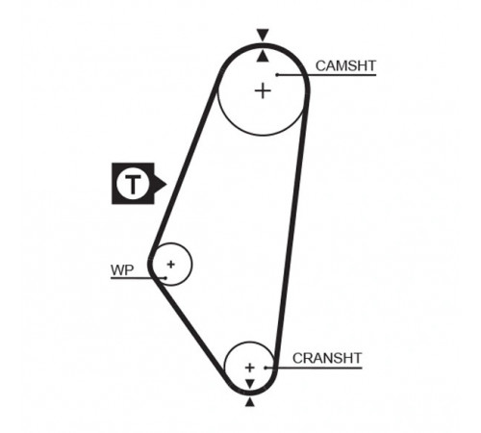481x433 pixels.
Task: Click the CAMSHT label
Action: (x=345, y=65)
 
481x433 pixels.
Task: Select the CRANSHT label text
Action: (x=327, y=358)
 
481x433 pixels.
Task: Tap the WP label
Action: (x=122, y=270)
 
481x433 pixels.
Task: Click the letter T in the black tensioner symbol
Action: (x=133, y=185)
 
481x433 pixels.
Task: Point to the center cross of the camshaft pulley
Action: (x=263, y=90)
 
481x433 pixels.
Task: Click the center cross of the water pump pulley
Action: (x=171, y=265)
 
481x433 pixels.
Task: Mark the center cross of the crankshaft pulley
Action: (x=249, y=368)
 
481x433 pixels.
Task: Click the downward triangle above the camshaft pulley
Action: (x=263, y=35)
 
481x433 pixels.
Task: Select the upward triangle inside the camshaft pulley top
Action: (x=263, y=56)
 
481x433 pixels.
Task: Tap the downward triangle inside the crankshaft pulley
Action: (x=250, y=384)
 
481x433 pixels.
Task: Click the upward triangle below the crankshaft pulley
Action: (x=250, y=402)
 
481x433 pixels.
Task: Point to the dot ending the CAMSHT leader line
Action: (x=277, y=75)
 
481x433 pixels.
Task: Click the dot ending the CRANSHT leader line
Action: (x=266, y=368)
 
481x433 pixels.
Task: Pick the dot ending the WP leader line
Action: (x=165, y=278)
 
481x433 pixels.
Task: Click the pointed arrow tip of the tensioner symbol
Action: (x=166, y=184)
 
